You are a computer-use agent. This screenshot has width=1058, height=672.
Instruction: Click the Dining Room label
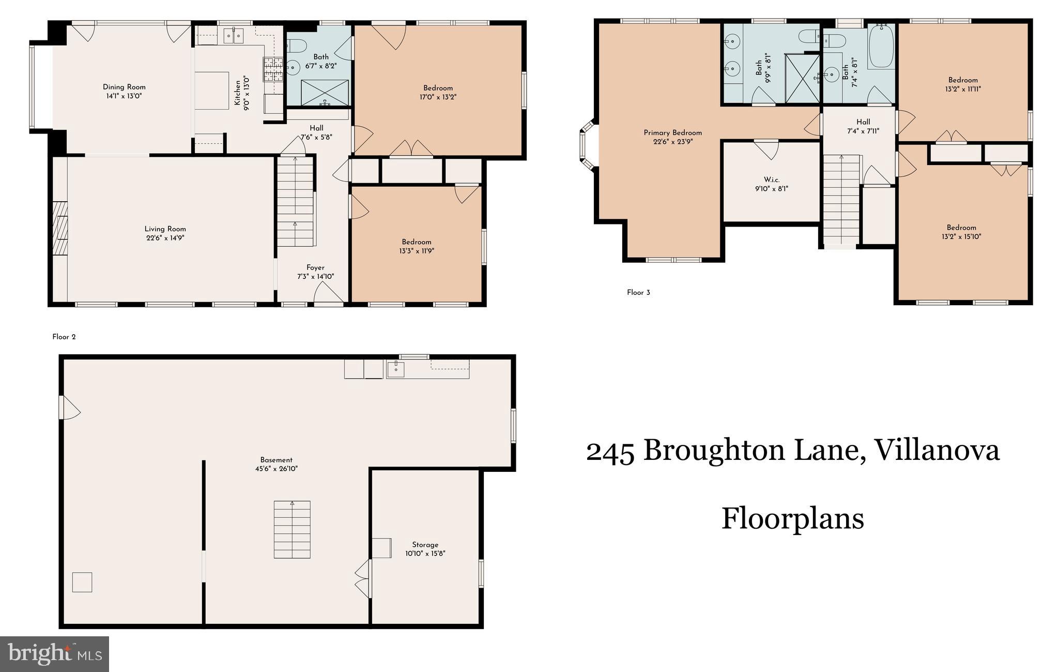(x=124, y=87)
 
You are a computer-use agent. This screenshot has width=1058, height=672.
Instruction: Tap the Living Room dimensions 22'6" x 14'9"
(x=165, y=238)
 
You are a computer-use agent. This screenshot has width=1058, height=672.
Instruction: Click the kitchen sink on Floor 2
(x=233, y=36)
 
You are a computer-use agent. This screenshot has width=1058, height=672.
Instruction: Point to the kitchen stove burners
(x=273, y=69)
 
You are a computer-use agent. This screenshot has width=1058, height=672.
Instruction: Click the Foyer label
(x=315, y=267)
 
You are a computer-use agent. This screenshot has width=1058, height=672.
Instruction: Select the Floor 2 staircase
(x=295, y=202)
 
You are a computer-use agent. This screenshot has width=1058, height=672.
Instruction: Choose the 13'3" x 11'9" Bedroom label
(x=417, y=242)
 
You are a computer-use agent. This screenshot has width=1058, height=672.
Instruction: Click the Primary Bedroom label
(x=672, y=133)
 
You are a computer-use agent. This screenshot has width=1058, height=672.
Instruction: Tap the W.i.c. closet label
(x=771, y=180)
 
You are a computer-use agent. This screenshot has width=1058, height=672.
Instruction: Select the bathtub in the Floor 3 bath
(x=881, y=47)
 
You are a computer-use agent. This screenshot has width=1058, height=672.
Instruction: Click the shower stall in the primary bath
(x=802, y=78)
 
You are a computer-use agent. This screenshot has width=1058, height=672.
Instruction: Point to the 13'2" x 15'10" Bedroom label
(x=961, y=228)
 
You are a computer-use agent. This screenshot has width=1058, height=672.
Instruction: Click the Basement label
(x=276, y=460)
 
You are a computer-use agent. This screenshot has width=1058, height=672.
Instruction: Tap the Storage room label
(x=425, y=545)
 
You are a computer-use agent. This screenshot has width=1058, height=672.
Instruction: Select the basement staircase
(x=292, y=529)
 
